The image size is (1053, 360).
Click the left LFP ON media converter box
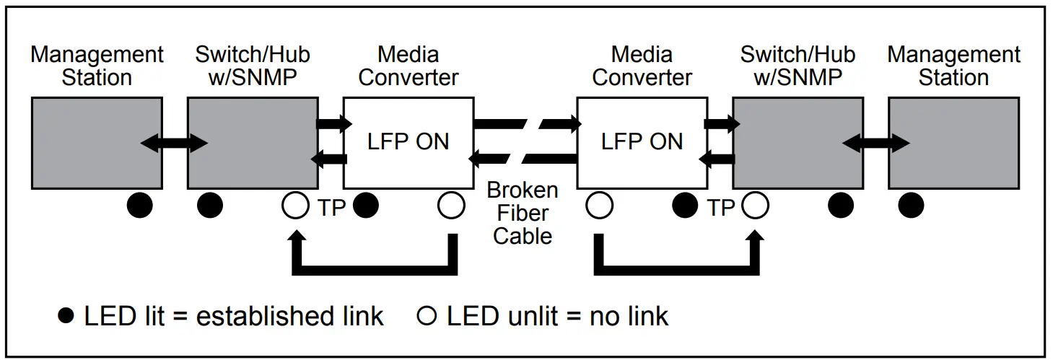[x=408, y=143]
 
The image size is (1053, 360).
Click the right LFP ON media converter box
[x=642, y=143]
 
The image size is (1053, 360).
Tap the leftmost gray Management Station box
[x=97, y=143]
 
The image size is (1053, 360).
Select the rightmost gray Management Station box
[x=954, y=143]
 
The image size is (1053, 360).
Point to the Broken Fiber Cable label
[x=523, y=213]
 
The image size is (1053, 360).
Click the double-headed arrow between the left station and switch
[x=174, y=143]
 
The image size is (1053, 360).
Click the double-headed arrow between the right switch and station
[x=875, y=143]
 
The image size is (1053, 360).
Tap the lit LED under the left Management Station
[x=139, y=206]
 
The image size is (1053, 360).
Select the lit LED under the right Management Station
[x=911, y=206]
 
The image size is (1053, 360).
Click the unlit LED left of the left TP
[x=295, y=206]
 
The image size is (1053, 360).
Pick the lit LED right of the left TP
[x=366, y=206]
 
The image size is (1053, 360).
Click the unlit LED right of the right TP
[x=756, y=206]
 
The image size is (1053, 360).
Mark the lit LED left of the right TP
[x=685, y=206]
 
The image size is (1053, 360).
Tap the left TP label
[x=331, y=208]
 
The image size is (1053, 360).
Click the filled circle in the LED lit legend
[x=66, y=315]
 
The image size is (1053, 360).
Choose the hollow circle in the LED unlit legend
[x=427, y=315]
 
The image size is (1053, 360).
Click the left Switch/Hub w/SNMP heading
[x=253, y=66]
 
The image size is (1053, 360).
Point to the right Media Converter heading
[x=642, y=66]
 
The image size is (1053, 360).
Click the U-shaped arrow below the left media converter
[x=375, y=271]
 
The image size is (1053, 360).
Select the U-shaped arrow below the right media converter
[x=676, y=271]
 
